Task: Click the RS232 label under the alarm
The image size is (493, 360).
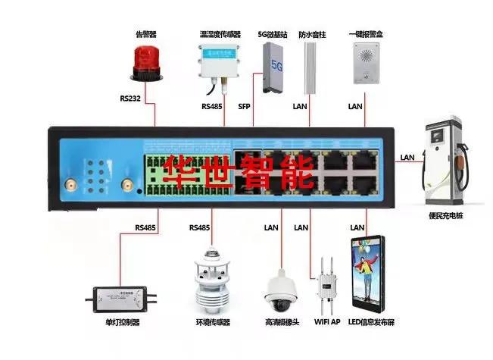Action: pyautogui.click(x=130, y=99)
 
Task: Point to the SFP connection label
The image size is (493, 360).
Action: pyautogui.click(x=244, y=107)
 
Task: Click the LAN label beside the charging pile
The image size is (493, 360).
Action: pyautogui.click(x=407, y=158)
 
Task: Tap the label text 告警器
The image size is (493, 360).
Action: pyautogui.click(x=145, y=33)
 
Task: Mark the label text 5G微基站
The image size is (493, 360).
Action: pyautogui.click(x=272, y=34)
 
